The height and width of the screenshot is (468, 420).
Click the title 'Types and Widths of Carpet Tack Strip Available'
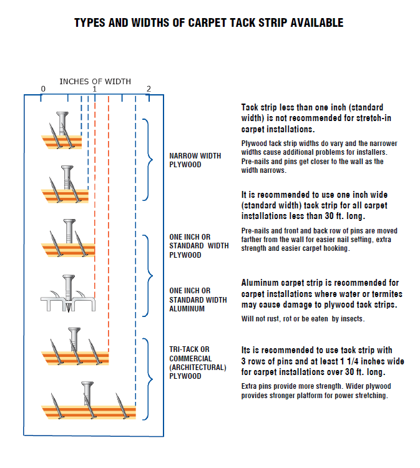[208, 23]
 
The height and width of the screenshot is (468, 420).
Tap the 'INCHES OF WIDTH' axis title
[95, 81]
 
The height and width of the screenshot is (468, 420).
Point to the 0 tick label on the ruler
[43, 89]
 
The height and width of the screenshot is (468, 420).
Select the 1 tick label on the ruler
[95, 89]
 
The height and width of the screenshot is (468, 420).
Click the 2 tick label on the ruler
[149, 89]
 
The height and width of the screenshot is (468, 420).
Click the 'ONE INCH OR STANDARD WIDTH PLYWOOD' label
[199, 246]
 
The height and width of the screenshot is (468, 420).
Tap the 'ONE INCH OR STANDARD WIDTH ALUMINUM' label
[199, 300]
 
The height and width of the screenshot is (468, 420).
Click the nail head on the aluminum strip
[69, 278]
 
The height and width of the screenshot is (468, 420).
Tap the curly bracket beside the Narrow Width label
[148, 160]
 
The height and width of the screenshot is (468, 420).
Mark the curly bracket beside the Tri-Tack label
[148, 379]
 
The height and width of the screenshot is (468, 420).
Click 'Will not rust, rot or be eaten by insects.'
[302, 319]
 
